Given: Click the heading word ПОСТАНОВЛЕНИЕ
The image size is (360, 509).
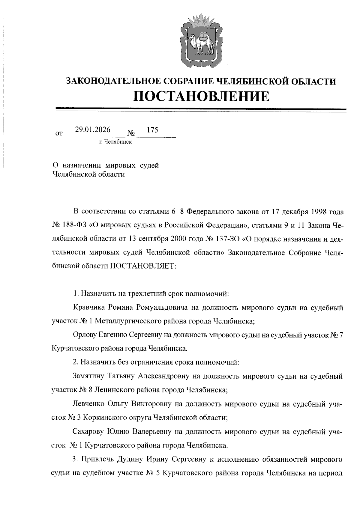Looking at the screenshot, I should click(x=201, y=96).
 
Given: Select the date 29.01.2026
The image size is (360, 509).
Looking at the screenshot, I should click(x=93, y=130).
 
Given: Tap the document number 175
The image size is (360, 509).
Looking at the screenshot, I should click(x=152, y=130).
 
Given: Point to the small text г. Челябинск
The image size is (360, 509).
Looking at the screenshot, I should click(x=116, y=142).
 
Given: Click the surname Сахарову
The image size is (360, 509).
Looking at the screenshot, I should click(x=88, y=432).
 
